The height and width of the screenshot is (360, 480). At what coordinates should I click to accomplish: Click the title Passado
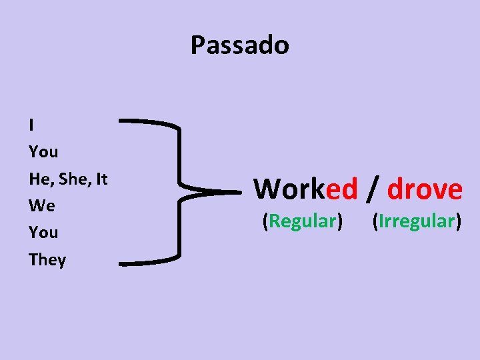pos(239,45)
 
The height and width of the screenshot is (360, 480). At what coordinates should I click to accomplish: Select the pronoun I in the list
pos(32,125)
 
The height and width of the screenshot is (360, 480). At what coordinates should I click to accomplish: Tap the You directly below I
pos(43,152)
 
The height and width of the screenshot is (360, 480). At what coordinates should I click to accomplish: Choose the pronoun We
pos(42,206)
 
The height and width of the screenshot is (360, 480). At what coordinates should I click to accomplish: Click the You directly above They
pos(43,233)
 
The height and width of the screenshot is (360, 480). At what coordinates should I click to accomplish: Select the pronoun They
pos(47,260)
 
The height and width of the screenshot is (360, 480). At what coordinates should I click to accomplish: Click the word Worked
pos(305,189)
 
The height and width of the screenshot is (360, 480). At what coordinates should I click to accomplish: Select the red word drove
pos(425,189)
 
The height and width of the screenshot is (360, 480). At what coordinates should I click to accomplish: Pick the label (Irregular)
pos(417,221)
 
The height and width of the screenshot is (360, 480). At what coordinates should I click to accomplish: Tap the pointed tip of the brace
pos(237,192)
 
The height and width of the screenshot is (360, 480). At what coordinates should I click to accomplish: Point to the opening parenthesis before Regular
pos(265,221)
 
